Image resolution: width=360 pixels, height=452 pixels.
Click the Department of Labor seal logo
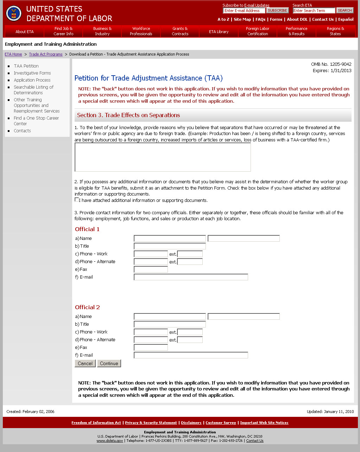point(14,13)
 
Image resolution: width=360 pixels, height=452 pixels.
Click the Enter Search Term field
point(314,11)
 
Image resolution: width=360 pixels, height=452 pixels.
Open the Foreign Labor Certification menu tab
point(258,31)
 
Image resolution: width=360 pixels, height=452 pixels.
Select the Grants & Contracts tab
point(180,31)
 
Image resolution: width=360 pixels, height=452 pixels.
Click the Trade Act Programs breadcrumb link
point(46,55)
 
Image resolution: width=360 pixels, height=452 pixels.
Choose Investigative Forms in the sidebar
point(32,73)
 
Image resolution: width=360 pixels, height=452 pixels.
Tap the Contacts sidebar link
point(22,131)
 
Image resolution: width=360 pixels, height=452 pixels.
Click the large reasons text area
point(163,157)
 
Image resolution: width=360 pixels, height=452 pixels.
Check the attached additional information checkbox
point(77,200)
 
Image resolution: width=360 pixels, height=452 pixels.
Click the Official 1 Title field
point(170,246)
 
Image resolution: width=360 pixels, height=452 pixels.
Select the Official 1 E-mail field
point(191,277)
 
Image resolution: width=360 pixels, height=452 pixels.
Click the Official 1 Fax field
point(151,269)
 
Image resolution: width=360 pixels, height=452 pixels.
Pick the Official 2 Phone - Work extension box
point(190,332)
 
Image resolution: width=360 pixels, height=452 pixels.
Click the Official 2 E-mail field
point(191,355)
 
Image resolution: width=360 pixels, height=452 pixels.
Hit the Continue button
point(109,363)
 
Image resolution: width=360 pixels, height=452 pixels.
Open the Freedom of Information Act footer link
point(96,423)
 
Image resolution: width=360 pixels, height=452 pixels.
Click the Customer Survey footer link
point(221,423)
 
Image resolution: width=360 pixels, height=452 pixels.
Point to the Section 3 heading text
point(128,115)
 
